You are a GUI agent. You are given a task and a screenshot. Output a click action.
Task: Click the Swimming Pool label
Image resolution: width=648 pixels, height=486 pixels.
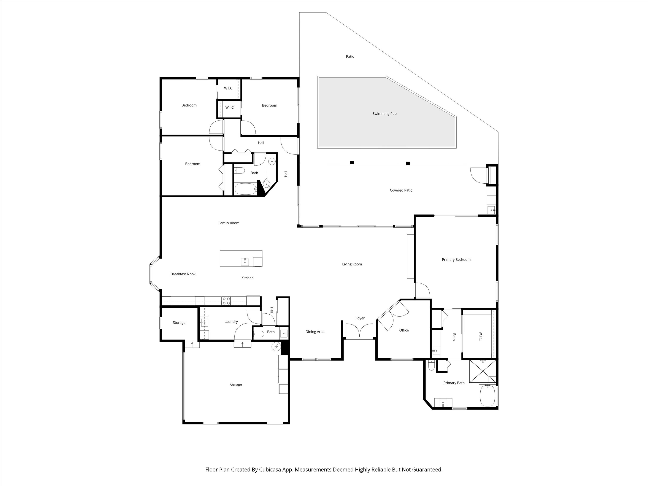[x=385, y=114]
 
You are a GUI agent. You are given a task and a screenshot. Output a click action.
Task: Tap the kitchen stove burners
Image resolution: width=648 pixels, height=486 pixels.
[x=226, y=301]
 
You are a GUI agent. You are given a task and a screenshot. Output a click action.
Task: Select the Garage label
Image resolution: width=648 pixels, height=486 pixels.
[x=236, y=384]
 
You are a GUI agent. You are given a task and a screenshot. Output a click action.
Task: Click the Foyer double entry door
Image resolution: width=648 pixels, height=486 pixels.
[x=359, y=331]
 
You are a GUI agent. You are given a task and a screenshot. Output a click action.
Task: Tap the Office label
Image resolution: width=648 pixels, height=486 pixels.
[x=404, y=330]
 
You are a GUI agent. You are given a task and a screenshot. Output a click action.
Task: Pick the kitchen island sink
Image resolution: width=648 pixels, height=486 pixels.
[x=245, y=262]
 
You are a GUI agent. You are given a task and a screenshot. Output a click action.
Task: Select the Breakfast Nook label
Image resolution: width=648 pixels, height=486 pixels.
[x=183, y=274]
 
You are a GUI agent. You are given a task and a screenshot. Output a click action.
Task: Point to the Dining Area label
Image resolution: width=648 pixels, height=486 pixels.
[x=315, y=332]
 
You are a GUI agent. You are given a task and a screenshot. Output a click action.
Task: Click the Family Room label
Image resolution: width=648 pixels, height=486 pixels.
[x=229, y=223]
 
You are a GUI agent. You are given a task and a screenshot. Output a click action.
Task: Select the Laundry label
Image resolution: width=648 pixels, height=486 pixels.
[x=231, y=322]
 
